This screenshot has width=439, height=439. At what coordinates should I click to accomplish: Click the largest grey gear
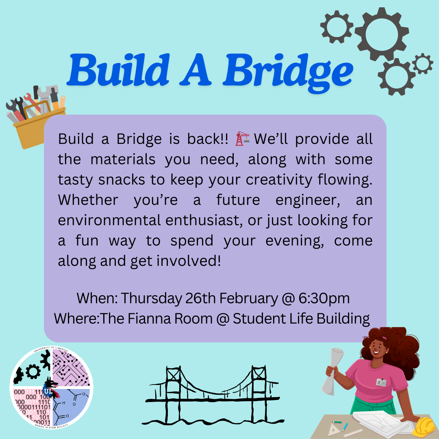382,34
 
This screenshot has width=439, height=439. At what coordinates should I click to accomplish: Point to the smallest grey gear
422,63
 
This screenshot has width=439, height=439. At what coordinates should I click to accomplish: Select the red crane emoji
242,139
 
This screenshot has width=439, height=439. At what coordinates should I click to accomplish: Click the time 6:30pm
324,298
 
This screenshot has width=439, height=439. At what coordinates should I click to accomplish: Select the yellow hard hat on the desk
425,427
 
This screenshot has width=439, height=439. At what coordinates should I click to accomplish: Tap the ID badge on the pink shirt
381,382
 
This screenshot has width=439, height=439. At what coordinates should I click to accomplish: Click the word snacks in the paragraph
122,180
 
